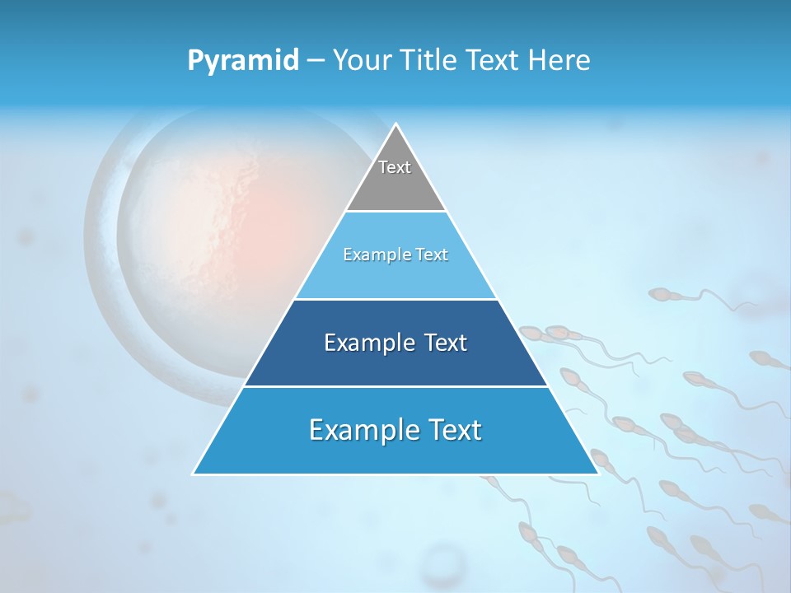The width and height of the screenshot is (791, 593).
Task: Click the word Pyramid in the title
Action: (242, 61)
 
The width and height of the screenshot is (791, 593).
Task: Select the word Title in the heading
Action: (434, 61)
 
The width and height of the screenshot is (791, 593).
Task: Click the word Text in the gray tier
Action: (395, 167)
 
